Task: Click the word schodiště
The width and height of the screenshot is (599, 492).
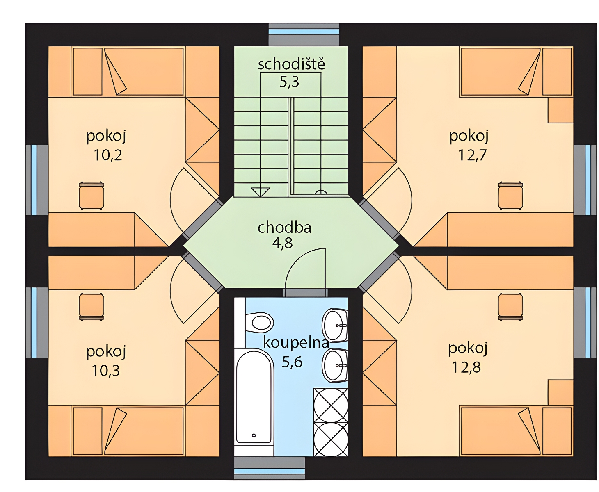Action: pos(291,64)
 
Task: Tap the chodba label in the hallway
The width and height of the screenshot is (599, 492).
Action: pos(284,227)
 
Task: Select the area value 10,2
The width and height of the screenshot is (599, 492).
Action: pos(107,155)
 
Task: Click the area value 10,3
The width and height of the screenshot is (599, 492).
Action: pos(105,371)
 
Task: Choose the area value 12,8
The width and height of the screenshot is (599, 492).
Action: pos(466,367)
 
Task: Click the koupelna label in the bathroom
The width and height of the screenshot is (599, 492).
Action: pos(295,343)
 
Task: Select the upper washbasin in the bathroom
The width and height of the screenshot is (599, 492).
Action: pos(335,325)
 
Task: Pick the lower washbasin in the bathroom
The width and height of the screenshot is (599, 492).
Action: pos(335,365)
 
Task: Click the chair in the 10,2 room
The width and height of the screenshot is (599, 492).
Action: pos(91,196)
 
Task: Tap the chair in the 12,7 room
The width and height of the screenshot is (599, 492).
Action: pos(510,196)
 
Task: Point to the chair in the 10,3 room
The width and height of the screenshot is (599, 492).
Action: pos(91,306)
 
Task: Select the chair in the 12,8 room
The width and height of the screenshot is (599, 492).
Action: pos(510,306)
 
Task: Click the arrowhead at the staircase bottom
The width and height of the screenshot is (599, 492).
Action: pos(260,191)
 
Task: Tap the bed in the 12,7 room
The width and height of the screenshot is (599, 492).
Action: pos(501,72)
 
